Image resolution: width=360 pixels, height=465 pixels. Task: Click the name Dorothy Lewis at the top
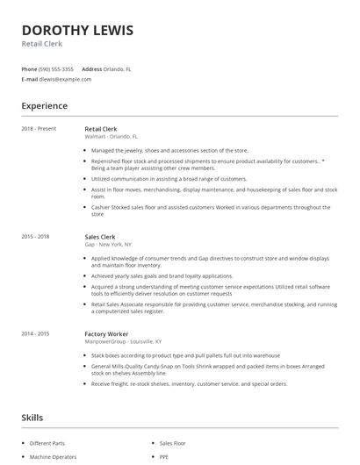point(77,31)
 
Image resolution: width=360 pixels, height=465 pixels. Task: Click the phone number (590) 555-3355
point(55,68)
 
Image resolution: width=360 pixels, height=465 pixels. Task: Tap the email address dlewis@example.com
point(65,79)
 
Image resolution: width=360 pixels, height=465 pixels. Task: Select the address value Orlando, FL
point(119,68)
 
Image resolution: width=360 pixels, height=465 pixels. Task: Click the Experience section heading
point(44,106)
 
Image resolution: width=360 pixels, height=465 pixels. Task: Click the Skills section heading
point(32,418)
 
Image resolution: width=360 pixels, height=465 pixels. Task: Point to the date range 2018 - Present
point(39,129)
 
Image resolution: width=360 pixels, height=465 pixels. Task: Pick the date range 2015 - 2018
point(35,237)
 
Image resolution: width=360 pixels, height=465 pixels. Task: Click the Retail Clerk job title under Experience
point(100,129)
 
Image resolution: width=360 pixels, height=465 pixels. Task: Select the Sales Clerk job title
point(99,237)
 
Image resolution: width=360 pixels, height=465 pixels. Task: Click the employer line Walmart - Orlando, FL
point(112,137)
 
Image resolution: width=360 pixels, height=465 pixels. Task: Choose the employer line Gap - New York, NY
point(108,245)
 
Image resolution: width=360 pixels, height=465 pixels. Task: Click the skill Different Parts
point(47,443)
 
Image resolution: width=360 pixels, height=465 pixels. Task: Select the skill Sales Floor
point(173,443)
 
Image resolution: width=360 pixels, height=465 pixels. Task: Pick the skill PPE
point(164,457)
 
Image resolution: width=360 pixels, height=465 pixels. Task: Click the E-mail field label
point(29,79)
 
